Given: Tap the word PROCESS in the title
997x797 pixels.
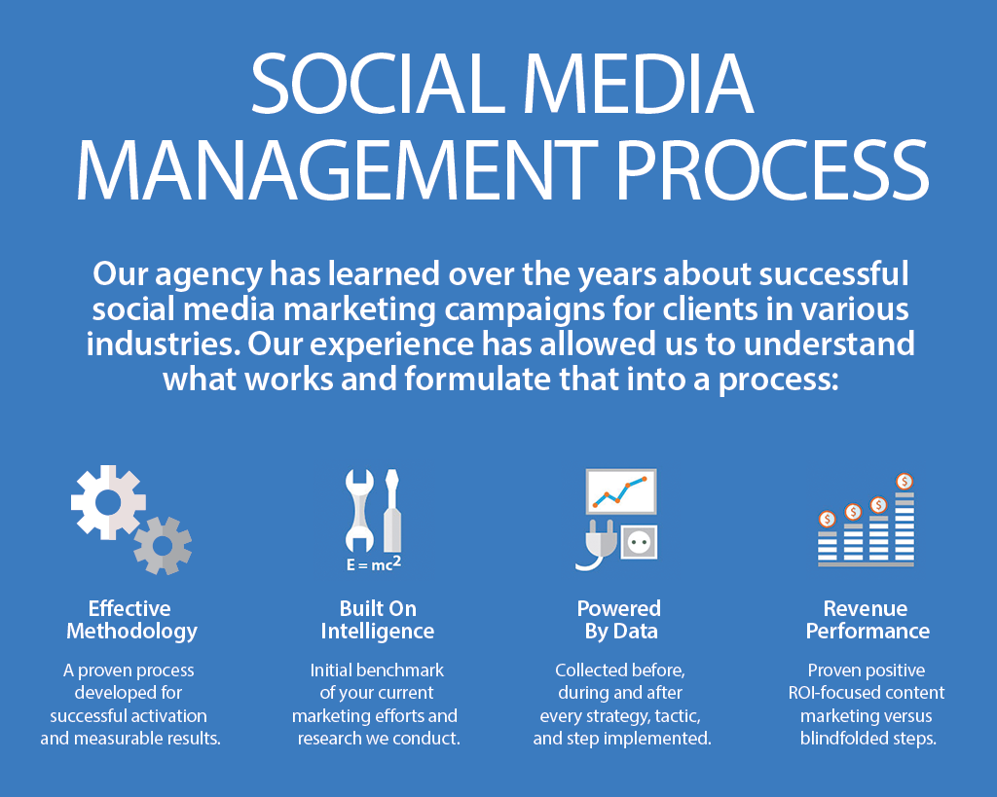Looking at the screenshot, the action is (774, 169).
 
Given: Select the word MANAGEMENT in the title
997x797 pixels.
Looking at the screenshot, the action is (337, 169).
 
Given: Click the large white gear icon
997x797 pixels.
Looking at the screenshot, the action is (108, 502).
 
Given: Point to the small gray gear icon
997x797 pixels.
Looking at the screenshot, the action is (163, 545).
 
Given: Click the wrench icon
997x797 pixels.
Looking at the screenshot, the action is (359, 510).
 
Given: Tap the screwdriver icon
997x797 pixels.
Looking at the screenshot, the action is (391, 510).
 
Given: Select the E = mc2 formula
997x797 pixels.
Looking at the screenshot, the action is (374, 563).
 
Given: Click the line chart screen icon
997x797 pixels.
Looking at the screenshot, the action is (620, 491).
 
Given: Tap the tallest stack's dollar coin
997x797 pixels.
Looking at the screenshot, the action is (905, 481).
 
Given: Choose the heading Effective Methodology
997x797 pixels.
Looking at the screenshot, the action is (131, 620).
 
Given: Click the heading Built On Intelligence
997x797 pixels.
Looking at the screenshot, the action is (378, 620).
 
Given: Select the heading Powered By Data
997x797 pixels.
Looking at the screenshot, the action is (619, 620).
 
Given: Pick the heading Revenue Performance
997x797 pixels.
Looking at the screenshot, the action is (868, 620).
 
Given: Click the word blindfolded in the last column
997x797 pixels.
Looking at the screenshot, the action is (845, 738).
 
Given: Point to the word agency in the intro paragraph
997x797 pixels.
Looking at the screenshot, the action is (208, 275).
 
